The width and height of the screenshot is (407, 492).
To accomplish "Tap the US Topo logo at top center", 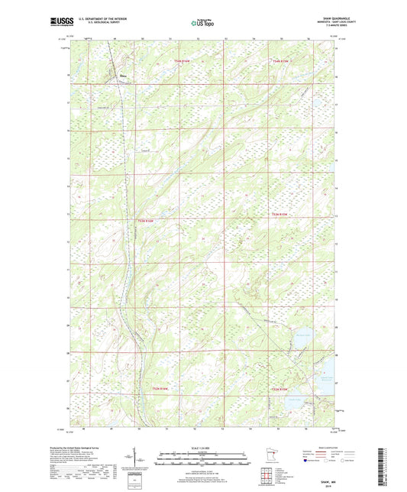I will pos(203,23).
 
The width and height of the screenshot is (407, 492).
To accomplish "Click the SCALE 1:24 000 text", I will pos(203,448).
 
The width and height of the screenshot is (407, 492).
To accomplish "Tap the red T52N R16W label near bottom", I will pos(154,390).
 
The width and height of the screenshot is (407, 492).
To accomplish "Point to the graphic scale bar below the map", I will pos(203,460).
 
